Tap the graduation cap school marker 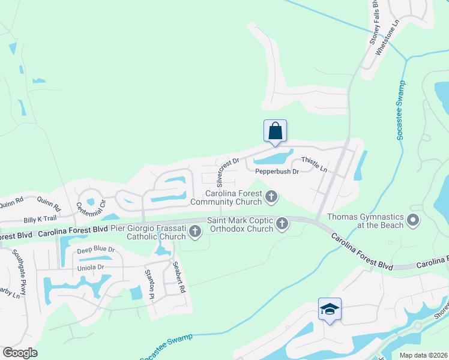point(330,310)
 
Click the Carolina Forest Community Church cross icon point(272,196)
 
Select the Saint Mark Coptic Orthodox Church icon point(282,225)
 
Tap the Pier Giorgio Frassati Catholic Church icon point(194,231)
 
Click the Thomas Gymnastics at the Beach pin point(412,220)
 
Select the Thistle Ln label point(314,164)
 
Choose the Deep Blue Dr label point(95,249)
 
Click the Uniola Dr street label point(91,267)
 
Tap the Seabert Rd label point(178,277)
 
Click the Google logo point(20,353)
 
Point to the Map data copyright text point(423,355)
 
